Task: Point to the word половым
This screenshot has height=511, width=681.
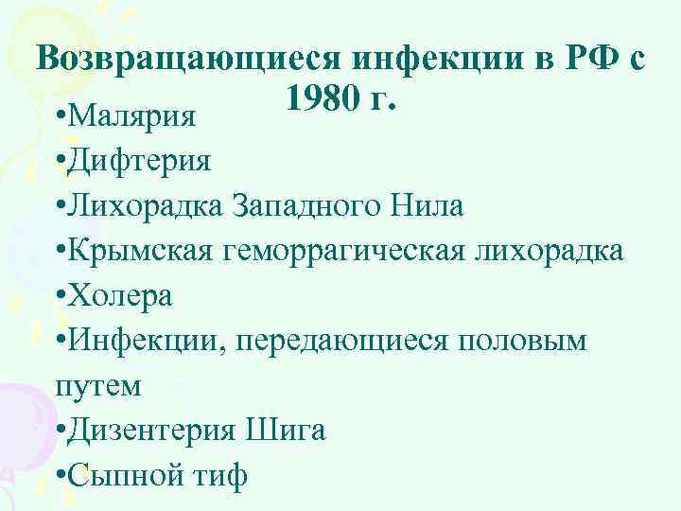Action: tap(536, 341)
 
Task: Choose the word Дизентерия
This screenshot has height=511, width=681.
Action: tap(154, 431)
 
